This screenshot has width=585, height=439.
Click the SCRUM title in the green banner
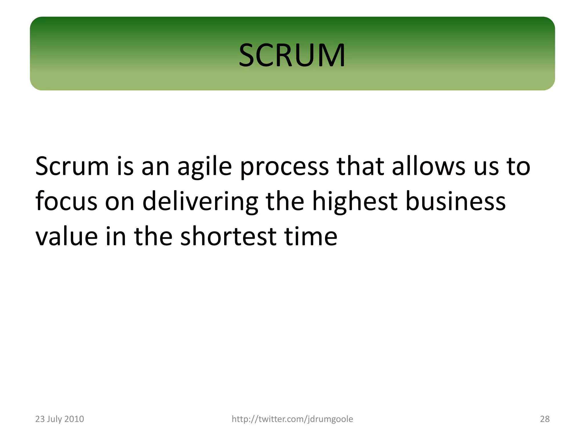[x=292, y=55]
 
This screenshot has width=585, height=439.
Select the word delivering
[x=200, y=202]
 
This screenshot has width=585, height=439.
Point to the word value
[x=66, y=237]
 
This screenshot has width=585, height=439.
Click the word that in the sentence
[x=360, y=166]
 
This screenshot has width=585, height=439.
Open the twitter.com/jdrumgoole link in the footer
[x=292, y=419]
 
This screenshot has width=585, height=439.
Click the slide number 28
[x=545, y=419]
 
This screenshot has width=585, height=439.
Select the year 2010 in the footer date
[x=74, y=419]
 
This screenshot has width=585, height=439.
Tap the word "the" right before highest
[x=285, y=201]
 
